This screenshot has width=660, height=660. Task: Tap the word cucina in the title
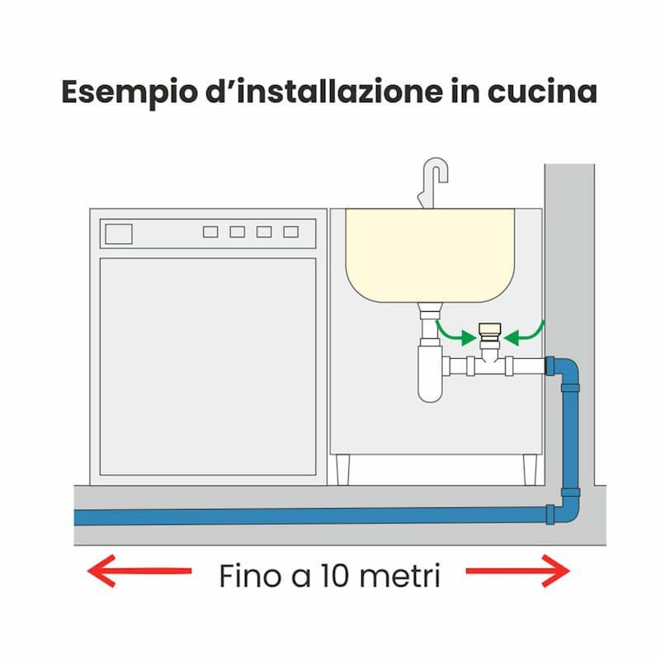(x=542, y=92)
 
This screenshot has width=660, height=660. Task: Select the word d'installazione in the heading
(x=324, y=92)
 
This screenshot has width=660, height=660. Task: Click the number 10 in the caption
(x=335, y=575)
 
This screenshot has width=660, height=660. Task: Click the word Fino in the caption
(x=251, y=575)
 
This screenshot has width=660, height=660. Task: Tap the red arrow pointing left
(x=139, y=571)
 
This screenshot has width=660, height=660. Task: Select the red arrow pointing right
(x=518, y=571)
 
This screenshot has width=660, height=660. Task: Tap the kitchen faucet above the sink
(x=433, y=182)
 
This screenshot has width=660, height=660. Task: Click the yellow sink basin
(x=430, y=256)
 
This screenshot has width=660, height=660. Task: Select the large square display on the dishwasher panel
(x=119, y=234)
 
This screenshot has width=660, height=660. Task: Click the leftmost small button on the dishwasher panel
(x=210, y=232)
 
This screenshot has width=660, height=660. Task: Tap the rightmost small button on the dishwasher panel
(x=291, y=232)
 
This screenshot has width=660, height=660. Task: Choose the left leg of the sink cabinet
(x=343, y=469)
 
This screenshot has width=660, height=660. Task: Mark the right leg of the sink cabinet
(x=530, y=469)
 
